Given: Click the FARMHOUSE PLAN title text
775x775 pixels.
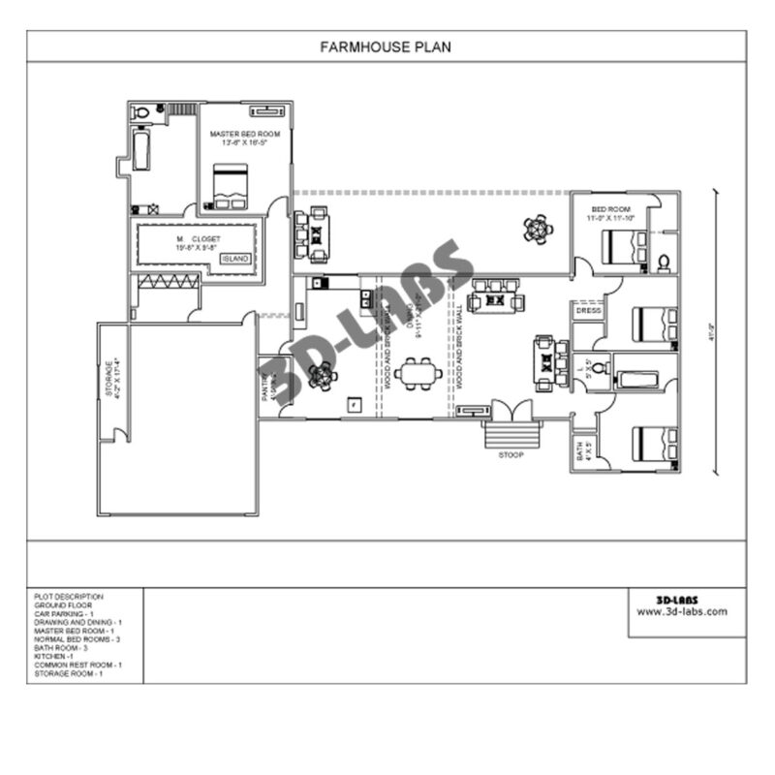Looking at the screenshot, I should [386, 46].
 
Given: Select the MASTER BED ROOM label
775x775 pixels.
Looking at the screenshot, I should [245, 134].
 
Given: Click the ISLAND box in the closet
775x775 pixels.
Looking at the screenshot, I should [235, 260].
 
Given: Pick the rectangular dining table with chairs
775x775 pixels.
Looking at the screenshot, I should [418, 373].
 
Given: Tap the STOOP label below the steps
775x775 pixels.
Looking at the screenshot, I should [511, 453].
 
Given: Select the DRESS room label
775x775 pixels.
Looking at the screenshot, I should [588, 312].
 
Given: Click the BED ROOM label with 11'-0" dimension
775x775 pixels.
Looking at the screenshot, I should [611, 213].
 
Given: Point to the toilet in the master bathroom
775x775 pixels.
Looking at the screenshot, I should [141, 112].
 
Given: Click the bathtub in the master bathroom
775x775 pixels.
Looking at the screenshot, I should [141, 153].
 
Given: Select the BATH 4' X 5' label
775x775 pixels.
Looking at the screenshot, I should [583, 450].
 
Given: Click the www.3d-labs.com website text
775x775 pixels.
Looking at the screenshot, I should [682, 611].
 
